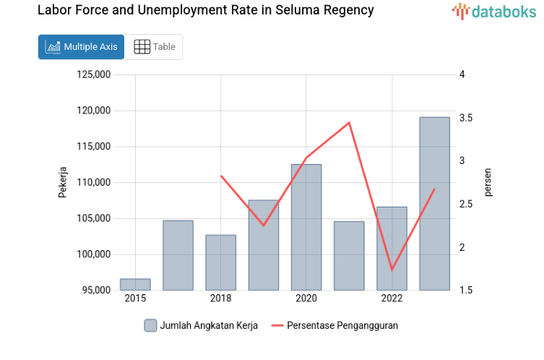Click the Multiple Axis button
(81, 47)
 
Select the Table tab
(155, 47)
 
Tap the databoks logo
(494, 11)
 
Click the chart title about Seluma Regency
(205, 10)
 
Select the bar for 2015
(135, 285)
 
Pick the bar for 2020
(306, 227)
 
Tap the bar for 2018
(220, 262)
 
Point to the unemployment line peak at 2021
(349, 123)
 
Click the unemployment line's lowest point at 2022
(392, 270)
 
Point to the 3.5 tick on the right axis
(466, 118)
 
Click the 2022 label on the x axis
(392, 299)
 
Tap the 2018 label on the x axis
(220, 299)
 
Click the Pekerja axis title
(63, 182)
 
